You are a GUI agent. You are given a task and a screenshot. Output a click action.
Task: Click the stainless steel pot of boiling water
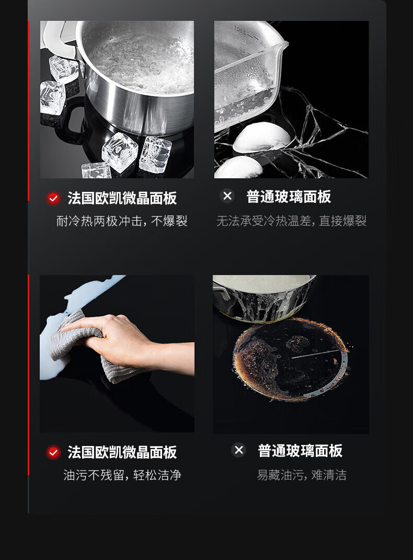tap(135, 77)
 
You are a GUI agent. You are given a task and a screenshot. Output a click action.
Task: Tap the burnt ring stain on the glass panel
tap(290, 359)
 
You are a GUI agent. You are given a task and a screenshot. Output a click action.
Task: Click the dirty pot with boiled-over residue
tap(264, 298)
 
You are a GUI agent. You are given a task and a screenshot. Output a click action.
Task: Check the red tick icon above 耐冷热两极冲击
tap(53, 198)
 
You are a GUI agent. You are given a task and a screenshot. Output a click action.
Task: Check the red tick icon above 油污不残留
tap(53, 452)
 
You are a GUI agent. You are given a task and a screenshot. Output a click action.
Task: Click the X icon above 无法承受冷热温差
tap(227, 196)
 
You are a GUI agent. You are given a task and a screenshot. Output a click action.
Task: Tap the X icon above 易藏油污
tap(239, 450)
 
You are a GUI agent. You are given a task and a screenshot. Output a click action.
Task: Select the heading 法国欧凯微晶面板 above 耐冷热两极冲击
tap(122, 198)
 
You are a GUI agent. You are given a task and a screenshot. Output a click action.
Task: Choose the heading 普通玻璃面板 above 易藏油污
tap(300, 451)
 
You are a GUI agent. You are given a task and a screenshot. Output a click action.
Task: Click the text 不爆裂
tap(169, 221)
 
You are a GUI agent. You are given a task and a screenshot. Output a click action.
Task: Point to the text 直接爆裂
tap(342, 221)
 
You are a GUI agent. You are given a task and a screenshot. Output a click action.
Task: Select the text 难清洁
tap(329, 475)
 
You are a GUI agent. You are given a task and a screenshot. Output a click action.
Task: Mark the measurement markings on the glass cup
tap(246, 36)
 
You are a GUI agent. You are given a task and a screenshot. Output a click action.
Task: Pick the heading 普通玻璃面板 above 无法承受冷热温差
tap(289, 197)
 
